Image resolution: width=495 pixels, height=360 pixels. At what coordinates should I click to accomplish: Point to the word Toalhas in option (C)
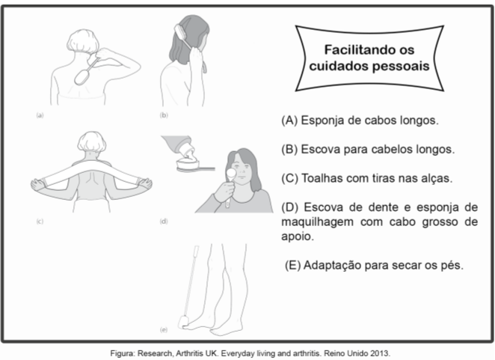tap(322, 178)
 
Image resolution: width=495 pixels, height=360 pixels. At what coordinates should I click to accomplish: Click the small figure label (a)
tap(40, 115)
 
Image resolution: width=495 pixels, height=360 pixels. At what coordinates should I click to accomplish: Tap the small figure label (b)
tap(164, 115)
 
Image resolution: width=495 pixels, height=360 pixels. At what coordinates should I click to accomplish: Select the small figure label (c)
tap(40, 222)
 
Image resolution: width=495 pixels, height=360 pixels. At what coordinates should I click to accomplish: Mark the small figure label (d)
tap(164, 222)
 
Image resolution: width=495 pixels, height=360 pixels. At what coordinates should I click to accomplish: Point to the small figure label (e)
tap(164, 329)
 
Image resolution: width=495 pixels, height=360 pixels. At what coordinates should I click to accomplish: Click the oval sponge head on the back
tap(82, 77)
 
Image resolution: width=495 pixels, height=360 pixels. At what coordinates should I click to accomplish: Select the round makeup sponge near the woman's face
tap(232, 173)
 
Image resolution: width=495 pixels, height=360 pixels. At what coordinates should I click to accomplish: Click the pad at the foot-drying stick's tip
tap(183, 322)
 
